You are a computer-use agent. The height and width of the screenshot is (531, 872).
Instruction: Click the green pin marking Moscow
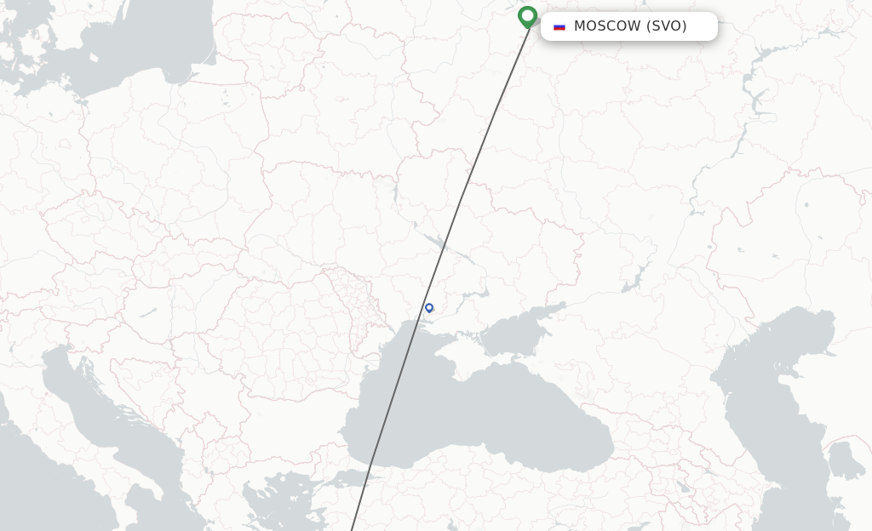[527, 15]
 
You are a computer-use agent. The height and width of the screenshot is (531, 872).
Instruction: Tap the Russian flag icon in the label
[559, 26]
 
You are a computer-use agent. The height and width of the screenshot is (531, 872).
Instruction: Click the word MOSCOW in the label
[606, 26]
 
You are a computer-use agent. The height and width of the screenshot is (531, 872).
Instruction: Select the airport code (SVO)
[666, 26]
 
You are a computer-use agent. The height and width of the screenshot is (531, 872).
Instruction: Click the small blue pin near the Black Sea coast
[429, 308]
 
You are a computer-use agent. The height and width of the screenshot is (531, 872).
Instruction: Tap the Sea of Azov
[519, 328]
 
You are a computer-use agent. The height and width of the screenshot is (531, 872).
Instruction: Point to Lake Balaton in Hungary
[150, 311]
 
